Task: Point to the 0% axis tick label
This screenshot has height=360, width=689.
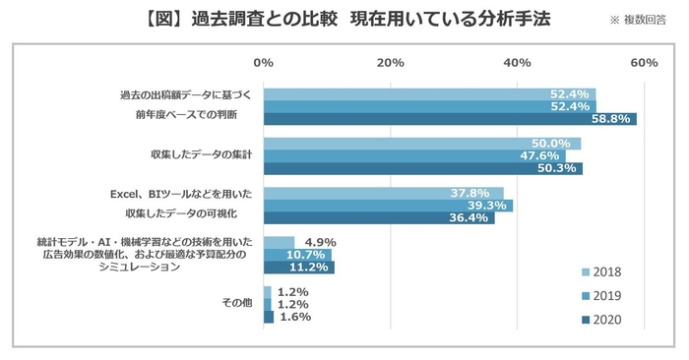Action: [263, 63]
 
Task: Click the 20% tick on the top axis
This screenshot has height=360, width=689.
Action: [390, 63]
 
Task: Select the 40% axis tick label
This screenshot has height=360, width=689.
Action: [518, 63]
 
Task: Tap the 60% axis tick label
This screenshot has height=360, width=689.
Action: [644, 63]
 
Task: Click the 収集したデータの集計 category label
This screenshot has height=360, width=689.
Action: [202, 155]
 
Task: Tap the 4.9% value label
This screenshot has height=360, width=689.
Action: [322, 242]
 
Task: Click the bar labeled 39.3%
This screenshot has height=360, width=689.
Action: [388, 206]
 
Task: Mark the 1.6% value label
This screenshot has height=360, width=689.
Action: [295, 317]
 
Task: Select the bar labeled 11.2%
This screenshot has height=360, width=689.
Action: [299, 267]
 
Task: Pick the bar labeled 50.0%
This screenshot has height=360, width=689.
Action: [421, 144]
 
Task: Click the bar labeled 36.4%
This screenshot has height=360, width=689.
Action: [379, 217]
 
